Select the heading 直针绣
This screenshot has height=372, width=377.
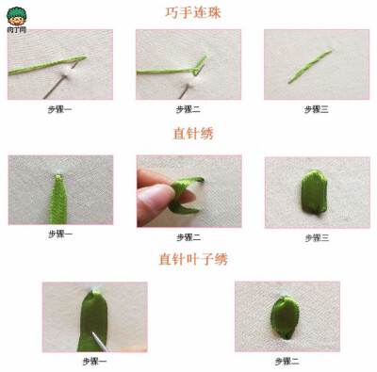(194, 133)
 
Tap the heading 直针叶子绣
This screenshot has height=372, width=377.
(193, 258)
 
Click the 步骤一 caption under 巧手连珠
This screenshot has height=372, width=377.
(59, 109)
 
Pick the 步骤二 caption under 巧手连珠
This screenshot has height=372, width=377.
(188, 109)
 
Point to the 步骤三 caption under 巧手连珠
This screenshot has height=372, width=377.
(315, 109)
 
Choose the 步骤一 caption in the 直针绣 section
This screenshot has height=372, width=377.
(59, 234)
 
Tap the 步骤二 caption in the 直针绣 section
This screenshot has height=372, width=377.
(188, 236)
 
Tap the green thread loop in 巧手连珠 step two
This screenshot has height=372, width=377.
(198, 65)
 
